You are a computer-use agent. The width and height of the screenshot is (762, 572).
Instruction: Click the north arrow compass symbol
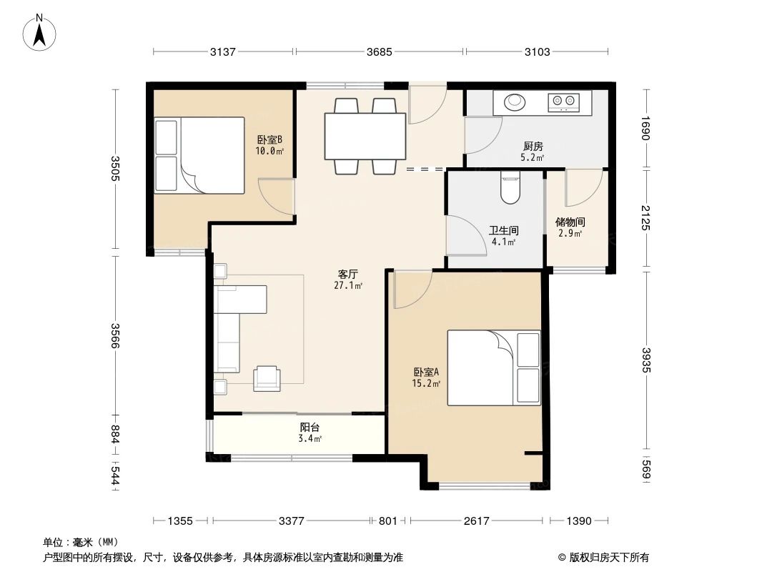(41, 32)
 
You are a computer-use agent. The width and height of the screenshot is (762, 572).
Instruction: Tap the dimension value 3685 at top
(380, 51)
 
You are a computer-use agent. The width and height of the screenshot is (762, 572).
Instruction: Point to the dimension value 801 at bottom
(387, 521)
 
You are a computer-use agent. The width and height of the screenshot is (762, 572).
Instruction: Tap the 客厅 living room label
(348, 274)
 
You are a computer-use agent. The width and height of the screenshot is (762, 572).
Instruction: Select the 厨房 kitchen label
(533, 146)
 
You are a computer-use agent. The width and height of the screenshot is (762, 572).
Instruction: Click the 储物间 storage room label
(570, 222)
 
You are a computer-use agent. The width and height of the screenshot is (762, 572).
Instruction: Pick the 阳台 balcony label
(310, 428)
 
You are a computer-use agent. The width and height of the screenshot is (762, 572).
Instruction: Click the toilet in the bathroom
(510, 189)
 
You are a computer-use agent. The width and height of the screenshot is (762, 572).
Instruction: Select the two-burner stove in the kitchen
(563, 103)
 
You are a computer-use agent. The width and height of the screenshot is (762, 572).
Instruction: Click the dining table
(365, 136)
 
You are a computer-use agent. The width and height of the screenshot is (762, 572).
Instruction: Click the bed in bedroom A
(493, 368)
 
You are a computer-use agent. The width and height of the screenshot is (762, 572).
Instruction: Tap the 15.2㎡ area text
(426, 383)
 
